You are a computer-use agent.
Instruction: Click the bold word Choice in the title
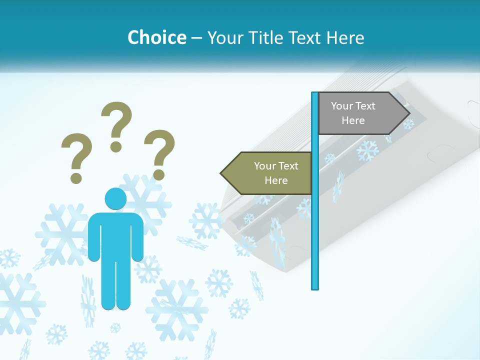[x=156, y=37]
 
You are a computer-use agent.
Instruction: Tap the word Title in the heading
[x=267, y=37]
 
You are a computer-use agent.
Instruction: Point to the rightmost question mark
[x=159, y=153]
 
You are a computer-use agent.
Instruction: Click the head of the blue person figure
[x=115, y=198]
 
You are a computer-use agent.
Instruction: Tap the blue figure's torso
[x=115, y=235]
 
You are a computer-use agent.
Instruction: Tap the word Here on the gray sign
[x=353, y=120]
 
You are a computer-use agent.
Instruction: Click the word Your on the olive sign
[x=264, y=166]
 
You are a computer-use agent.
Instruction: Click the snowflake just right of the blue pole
[x=367, y=150]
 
